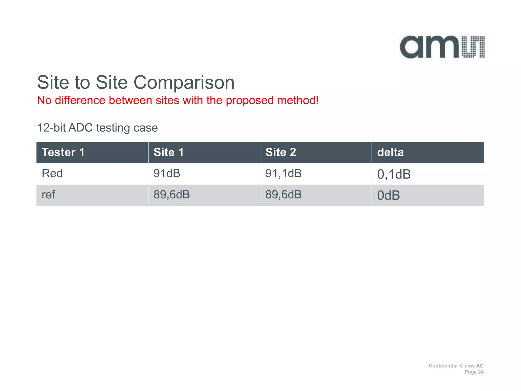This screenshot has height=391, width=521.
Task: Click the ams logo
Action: click(x=442, y=47)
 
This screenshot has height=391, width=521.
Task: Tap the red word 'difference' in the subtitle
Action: click(x=80, y=100)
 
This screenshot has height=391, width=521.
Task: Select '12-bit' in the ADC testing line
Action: click(x=51, y=128)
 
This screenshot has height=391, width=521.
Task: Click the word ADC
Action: click(x=80, y=128)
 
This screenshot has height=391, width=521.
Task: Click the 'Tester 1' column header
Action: click(x=63, y=152)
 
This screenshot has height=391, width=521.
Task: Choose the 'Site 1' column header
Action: click(x=168, y=152)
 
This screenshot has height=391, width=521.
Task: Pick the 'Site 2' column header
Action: click(x=281, y=152)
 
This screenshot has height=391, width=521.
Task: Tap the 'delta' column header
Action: click(x=390, y=152)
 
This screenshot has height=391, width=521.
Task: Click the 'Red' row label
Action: click(x=52, y=174)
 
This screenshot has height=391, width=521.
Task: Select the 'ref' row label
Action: click(x=48, y=195)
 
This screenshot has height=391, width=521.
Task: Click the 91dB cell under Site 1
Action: click(x=167, y=174)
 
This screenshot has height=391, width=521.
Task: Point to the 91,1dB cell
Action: click(x=283, y=174)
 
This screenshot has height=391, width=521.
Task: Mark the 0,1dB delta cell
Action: click(x=394, y=174)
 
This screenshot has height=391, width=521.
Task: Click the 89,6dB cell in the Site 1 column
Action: click(x=172, y=195)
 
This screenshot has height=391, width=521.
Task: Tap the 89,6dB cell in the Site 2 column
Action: click(x=283, y=195)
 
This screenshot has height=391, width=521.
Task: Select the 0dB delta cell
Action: click(x=388, y=195)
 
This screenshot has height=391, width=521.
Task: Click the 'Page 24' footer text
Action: click(x=474, y=372)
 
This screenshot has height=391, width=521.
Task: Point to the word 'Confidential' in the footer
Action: click(x=443, y=366)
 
